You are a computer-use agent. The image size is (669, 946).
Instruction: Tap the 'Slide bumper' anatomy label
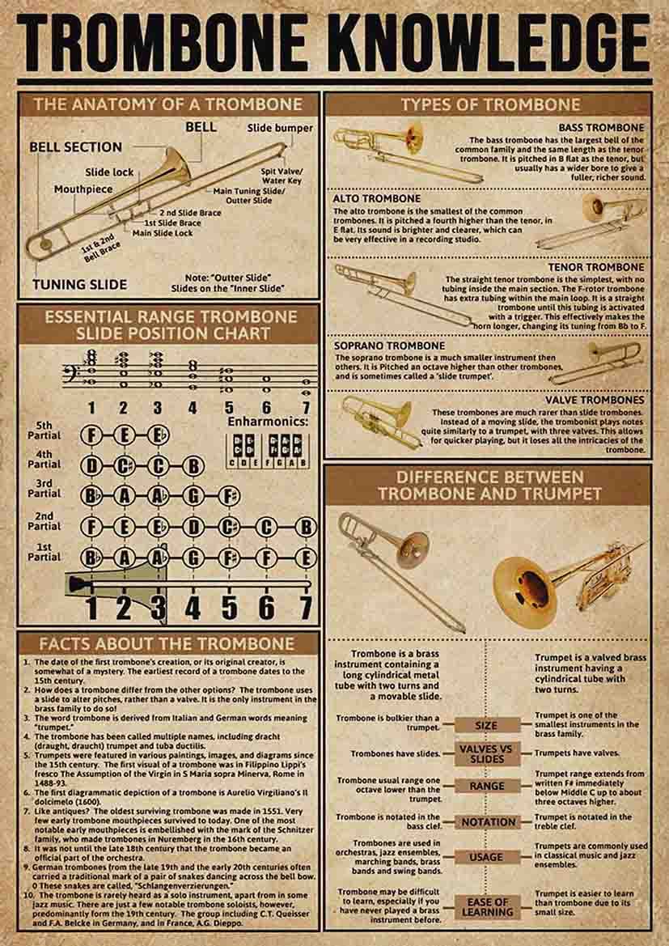coord(280,128)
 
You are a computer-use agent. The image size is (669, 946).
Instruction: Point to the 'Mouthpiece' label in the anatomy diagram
coord(83,189)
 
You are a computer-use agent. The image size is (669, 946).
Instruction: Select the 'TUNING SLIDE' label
coord(79,284)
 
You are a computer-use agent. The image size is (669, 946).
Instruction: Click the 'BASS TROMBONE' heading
coord(601,128)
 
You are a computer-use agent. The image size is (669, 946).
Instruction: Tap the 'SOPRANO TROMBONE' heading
coord(389,346)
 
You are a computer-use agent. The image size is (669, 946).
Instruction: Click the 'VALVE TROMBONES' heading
coord(595,400)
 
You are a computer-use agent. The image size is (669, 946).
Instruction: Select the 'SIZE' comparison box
coord(486,726)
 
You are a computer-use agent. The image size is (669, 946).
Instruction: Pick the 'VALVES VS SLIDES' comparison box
coord(486,753)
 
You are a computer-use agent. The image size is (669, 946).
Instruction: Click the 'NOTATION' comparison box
coord(488,822)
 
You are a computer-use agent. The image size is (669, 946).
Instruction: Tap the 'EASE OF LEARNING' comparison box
coord(487,907)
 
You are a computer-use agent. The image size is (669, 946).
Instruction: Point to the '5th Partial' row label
coord(44,431)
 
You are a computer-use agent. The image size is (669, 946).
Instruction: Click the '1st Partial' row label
coord(44,552)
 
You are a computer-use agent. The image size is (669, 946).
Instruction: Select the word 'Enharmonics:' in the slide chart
coord(268,422)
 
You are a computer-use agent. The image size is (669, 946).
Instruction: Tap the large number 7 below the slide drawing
coord(305,607)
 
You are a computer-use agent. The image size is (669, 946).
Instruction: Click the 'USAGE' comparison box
coord(486,857)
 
